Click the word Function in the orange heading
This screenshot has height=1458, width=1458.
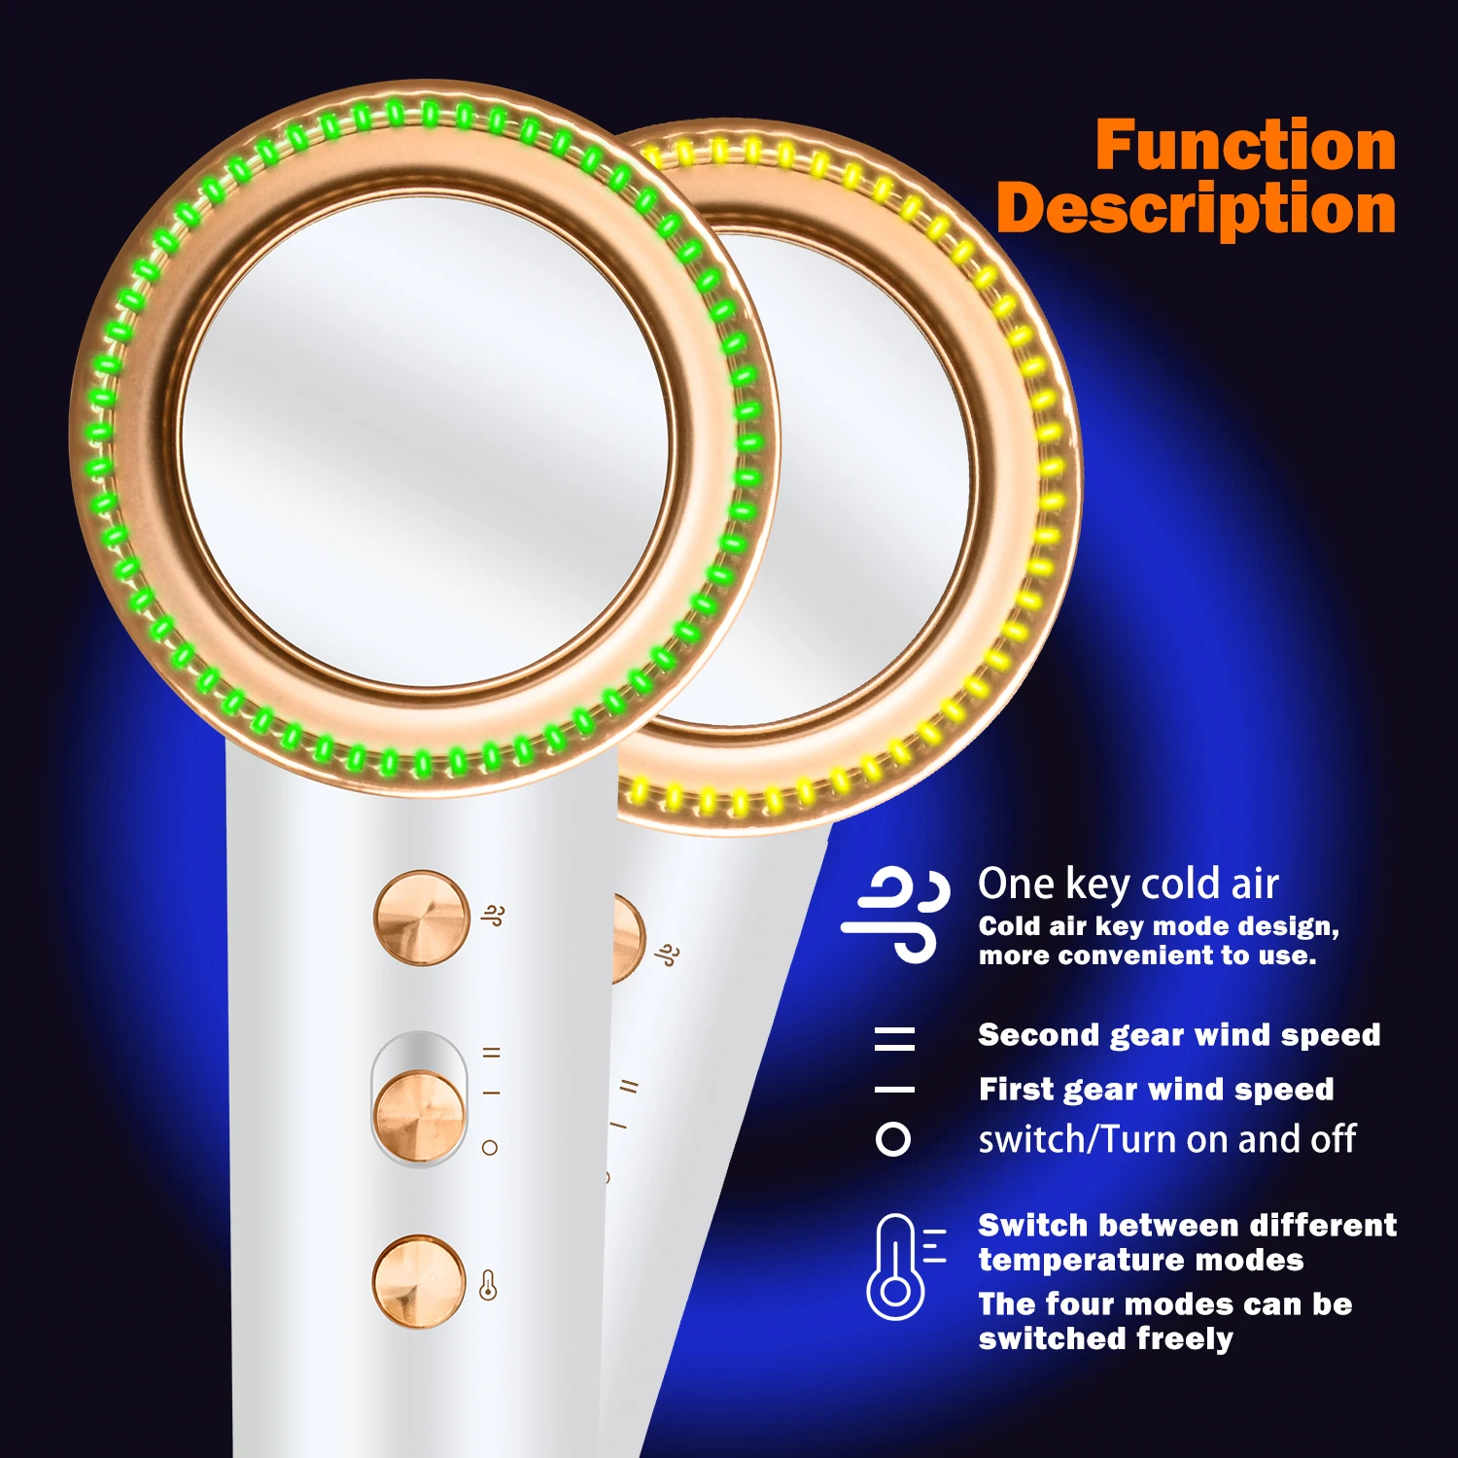click(x=1245, y=146)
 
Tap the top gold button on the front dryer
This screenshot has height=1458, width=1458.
click(x=421, y=918)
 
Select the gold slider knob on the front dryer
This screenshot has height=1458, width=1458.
click(x=419, y=1115)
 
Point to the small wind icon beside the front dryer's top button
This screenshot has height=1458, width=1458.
click(x=493, y=916)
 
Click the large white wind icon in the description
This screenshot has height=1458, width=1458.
click(x=895, y=914)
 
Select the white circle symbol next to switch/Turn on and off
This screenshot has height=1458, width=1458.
click(x=893, y=1139)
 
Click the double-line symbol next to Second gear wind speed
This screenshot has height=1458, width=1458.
click(x=894, y=1038)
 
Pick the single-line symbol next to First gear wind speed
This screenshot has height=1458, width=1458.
click(x=894, y=1090)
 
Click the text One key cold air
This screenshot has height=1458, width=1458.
click(x=1128, y=884)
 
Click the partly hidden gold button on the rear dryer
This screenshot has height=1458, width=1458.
click(x=627, y=939)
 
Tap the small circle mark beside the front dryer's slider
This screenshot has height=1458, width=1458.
click(x=490, y=1148)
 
